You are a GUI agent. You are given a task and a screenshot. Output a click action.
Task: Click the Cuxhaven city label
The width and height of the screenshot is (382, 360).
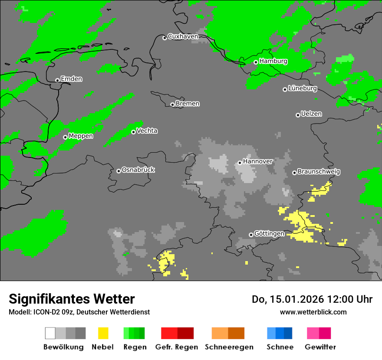[x=183, y=37]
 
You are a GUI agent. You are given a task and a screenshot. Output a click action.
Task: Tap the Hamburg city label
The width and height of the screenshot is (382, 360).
[x=273, y=61]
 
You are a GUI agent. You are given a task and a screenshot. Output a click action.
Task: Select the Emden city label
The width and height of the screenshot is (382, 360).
[x=71, y=79]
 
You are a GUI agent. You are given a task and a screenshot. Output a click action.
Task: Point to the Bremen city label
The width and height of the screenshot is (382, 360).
[x=188, y=104]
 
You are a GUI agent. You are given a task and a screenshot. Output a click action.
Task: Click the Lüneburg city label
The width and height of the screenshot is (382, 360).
[x=302, y=88]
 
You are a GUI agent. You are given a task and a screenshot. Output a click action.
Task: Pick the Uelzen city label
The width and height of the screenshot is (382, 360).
[x=311, y=114]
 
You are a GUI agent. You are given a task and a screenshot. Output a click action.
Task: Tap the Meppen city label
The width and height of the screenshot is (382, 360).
[x=81, y=136]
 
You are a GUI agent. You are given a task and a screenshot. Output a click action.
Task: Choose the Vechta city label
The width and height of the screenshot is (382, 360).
[x=147, y=131]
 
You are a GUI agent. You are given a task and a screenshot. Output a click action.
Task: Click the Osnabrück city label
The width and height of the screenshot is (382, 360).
[x=138, y=170]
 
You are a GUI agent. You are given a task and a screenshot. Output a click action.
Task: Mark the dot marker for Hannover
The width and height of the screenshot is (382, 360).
[x=240, y=163]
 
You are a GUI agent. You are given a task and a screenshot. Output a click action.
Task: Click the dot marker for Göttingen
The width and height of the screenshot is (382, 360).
[x=251, y=235]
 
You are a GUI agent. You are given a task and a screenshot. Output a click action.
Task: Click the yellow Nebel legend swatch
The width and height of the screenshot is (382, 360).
[x=103, y=333]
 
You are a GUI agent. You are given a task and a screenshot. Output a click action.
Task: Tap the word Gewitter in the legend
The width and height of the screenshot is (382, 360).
[x=320, y=347]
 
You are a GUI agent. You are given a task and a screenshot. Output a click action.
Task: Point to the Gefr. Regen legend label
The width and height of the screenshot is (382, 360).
[x=177, y=347]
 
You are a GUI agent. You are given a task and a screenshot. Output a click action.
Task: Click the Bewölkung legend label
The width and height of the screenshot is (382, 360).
[x=63, y=347]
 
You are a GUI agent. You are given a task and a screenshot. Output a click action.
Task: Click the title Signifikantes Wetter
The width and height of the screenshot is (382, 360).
[x=72, y=299]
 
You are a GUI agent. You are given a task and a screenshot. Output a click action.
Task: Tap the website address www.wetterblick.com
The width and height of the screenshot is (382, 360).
[x=313, y=312]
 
